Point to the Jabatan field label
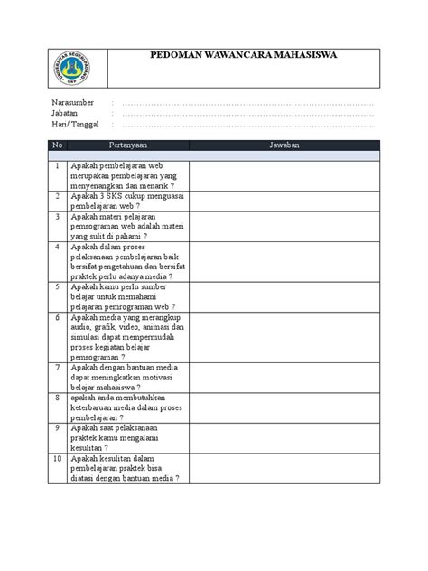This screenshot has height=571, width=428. tap(65, 115)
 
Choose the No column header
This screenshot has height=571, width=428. tap(57, 145)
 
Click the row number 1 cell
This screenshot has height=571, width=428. tap(57, 166)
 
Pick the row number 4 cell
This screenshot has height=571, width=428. tap(57, 246)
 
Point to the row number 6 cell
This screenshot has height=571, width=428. tap(57, 318)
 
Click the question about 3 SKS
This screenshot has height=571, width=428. tap(126, 200)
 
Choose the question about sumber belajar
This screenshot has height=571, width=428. tap(126, 296)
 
